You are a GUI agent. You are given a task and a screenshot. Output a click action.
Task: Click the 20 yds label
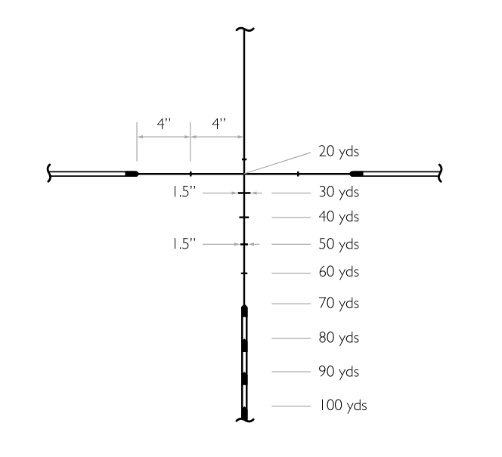pyautogui.click(x=339, y=151)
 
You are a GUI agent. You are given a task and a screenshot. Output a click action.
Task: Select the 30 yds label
pyautogui.click(x=339, y=192)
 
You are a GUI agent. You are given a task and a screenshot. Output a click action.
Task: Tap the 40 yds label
pyautogui.click(x=339, y=217)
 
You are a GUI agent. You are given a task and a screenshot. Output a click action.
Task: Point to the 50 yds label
pyautogui.click(x=339, y=244)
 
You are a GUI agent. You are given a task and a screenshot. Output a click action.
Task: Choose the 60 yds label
pyautogui.click(x=339, y=271)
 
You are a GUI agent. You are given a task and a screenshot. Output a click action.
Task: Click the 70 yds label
pyautogui.click(x=339, y=303)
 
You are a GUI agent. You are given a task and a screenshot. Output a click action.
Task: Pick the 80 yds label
pyautogui.click(x=339, y=338)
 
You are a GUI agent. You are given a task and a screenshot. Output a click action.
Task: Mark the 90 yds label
pyautogui.click(x=339, y=372)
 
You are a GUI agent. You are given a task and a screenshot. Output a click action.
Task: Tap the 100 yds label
pyautogui.click(x=342, y=405)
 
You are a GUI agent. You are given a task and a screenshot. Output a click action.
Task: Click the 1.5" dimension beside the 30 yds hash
pyautogui.click(x=184, y=192)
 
